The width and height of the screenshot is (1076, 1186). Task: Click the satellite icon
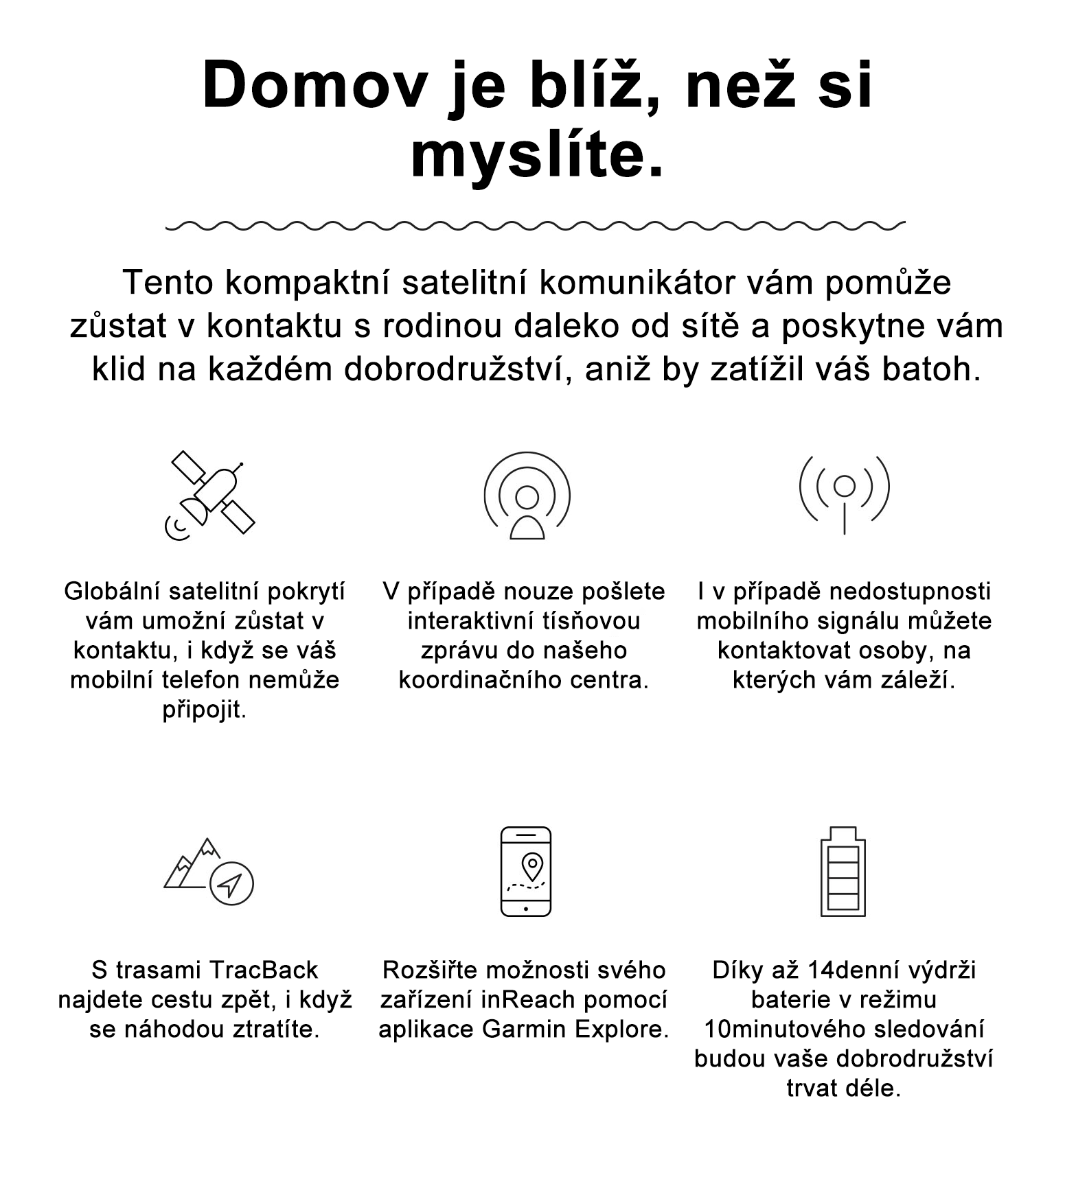pos(210,495)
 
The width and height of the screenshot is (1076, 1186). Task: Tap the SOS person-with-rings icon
pos(527,495)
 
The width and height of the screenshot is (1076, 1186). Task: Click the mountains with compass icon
pos(209,872)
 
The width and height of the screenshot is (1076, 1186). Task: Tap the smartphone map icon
pos(526,872)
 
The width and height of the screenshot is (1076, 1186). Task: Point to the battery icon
pos(843,872)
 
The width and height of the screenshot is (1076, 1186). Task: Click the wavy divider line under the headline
pos(536,224)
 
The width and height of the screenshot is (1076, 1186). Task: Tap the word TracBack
pos(262,970)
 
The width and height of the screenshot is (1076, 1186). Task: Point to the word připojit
pos(204,710)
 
